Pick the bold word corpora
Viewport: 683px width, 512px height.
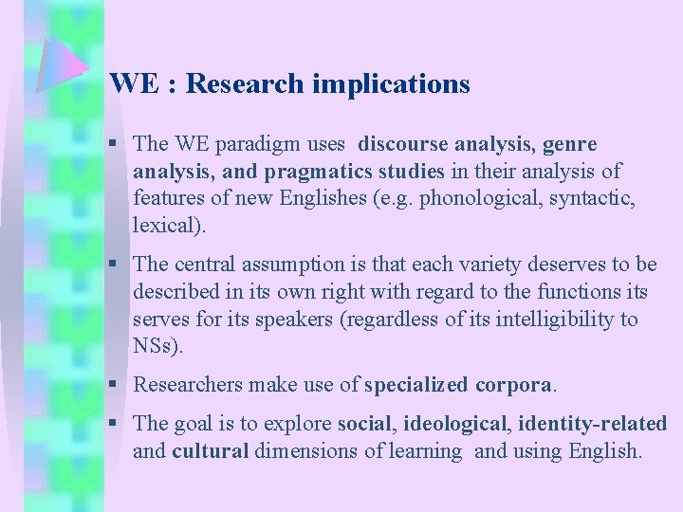pyautogui.click(x=512, y=385)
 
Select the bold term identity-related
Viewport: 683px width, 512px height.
pyautogui.click(x=593, y=424)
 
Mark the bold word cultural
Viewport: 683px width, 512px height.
pyautogui.click(x=210, y=450)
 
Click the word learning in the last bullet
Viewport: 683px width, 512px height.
pyautogui.click(x=425, y=450)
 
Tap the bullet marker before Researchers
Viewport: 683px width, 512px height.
pyautogui.click(x=113, y=384)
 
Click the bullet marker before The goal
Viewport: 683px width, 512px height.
pyautogui.click(x=113, y=423)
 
